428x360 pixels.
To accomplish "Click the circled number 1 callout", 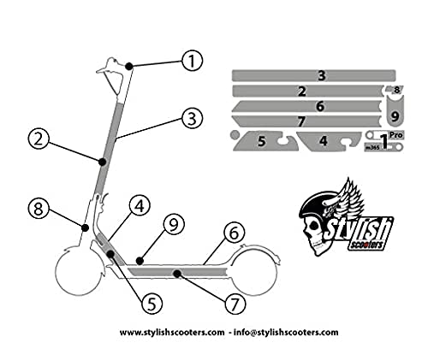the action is click(x=192, y=61).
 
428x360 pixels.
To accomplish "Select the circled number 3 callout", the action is click(x=193, y=119).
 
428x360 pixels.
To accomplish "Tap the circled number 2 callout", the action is click(x=39, y=139).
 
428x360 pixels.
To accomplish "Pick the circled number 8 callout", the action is click(x=39, y=209).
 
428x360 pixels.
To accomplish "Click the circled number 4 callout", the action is click(x=140, y=206).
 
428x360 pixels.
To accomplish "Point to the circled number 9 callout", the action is click(x=174, y=224).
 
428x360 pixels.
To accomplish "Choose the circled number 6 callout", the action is click(x=234, y=233).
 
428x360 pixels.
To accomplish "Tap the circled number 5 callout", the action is click(x=152, y=304).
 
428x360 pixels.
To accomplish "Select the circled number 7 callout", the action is click(x=235, y=304).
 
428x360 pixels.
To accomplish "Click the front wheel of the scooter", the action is click(x=79, y=273).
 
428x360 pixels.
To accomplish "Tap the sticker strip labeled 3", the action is click(x=314, y=75).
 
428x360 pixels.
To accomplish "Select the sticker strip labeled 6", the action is click(x=306, y=106).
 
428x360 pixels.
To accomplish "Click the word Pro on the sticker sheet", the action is click(x=396, y=134).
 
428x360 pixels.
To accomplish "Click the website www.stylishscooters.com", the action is click(x=172, y=333).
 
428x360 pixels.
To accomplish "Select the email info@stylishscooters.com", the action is click(x=286, y=333).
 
